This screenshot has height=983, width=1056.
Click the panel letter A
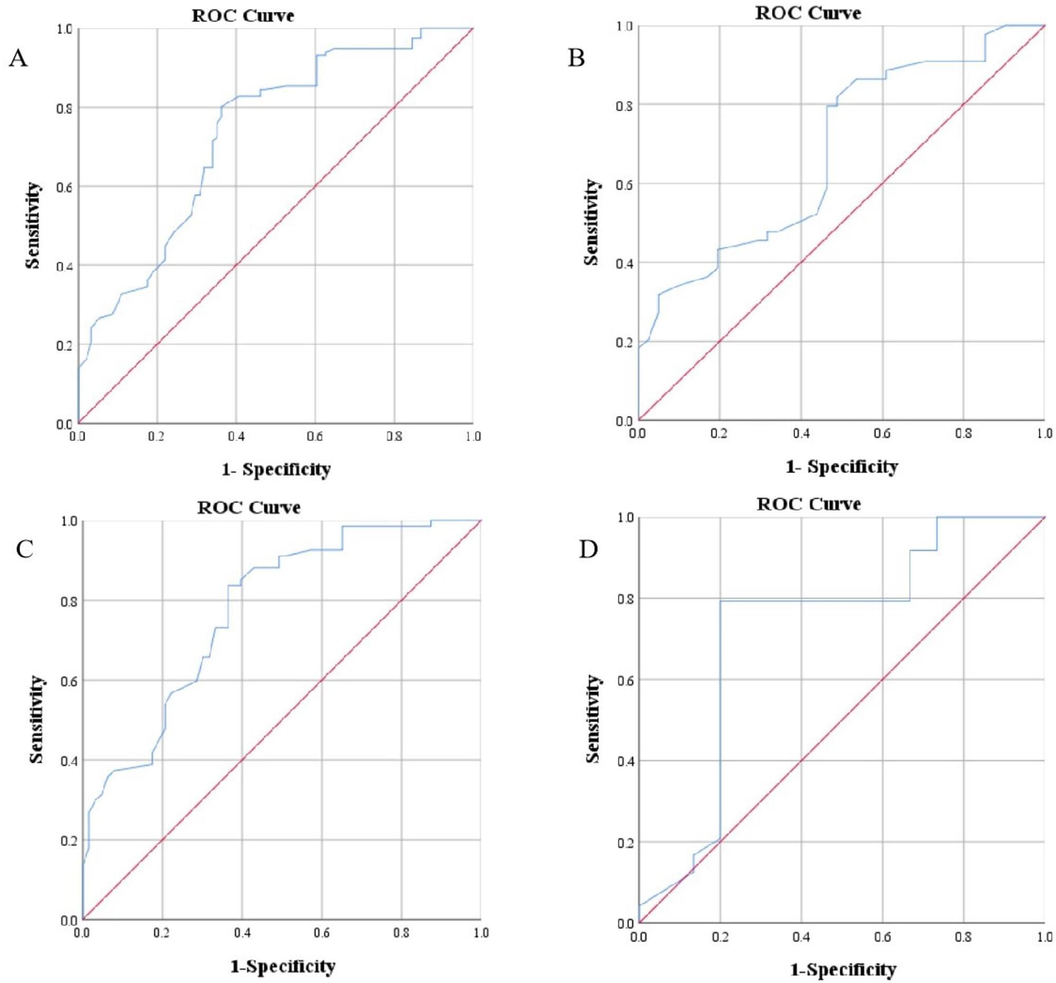pos(18,58)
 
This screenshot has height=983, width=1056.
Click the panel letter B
pos(577,58)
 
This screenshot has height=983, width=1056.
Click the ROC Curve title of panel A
pos(243,15)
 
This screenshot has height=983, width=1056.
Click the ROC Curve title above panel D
pos(808,504)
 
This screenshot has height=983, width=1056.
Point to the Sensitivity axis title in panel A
pos(33,225)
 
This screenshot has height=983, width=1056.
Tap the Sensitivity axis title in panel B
pos(591,222)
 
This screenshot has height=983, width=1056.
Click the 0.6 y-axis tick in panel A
pos(64,186)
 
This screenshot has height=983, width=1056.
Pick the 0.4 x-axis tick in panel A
pos(237,437)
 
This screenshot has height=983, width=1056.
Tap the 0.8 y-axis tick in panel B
pos(623,105)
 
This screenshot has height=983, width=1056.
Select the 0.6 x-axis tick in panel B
pos(882,434)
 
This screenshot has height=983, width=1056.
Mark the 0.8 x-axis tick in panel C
pos(402,933)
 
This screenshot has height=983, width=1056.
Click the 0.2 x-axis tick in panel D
pos(720,937)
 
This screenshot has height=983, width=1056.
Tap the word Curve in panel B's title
pos(836,13)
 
